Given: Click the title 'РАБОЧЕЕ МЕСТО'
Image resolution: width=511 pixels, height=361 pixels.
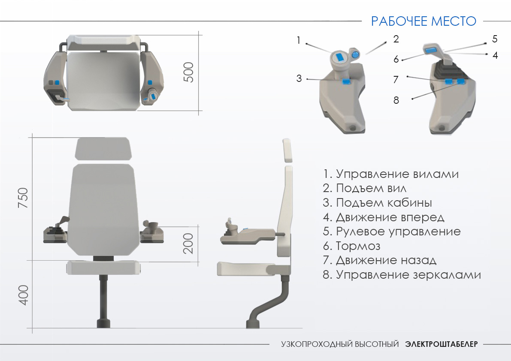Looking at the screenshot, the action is point(423,21).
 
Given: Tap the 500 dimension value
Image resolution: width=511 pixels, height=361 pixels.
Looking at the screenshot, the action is point(189,72).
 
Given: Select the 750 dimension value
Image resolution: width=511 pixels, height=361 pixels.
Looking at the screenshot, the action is point(23,198).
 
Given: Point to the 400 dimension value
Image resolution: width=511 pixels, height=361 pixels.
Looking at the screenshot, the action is point(23,295).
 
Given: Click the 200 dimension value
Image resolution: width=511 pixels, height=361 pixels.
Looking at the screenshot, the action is point(188,244).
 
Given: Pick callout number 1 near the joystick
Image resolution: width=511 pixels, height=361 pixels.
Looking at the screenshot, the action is point(298,40).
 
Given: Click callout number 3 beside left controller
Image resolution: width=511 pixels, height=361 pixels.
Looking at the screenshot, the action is point(299,78).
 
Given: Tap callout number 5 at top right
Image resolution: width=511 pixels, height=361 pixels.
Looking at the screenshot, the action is point(495,39).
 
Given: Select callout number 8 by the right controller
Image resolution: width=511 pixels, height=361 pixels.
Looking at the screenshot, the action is point(396,100).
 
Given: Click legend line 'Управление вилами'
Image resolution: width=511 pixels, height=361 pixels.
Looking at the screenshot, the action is point(391,174).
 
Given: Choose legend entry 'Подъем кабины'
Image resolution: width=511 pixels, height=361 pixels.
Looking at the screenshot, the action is point(378,203).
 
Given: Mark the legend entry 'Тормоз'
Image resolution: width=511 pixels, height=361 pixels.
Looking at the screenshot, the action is point(352,246).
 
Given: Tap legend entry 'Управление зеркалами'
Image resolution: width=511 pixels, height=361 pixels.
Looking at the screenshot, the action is point(402,275).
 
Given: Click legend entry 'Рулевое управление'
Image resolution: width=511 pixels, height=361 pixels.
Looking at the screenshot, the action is point(392,232).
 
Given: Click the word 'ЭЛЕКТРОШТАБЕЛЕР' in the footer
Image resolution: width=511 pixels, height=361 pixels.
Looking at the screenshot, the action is point(441,344).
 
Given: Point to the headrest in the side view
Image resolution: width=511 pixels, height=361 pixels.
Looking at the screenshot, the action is point(287,150).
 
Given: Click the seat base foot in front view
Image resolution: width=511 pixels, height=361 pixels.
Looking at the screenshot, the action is point(104,323).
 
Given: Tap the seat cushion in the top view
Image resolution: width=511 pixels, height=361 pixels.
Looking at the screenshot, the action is point(104,81).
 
